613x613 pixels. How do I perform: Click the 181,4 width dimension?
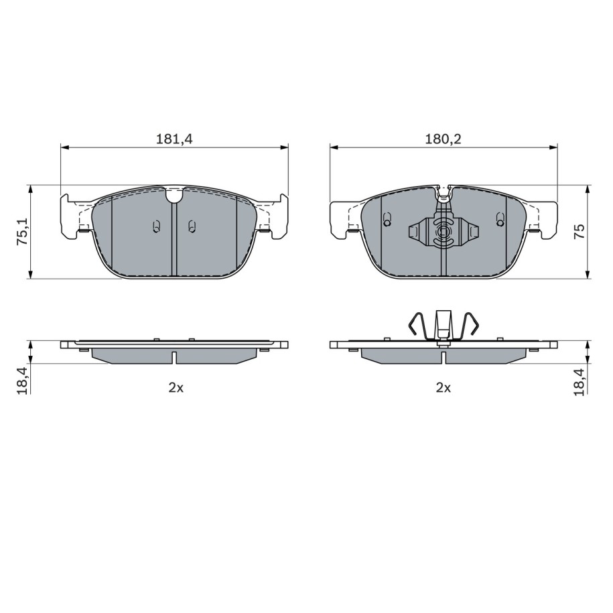click(175, 139)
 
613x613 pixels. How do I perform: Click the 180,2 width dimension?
click(443, 139)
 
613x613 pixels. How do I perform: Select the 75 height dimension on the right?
click(580, 231)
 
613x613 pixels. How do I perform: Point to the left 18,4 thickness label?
click(22, 381)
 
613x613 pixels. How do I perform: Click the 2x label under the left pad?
click(176, 387)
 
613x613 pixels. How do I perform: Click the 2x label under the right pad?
click(444, 387)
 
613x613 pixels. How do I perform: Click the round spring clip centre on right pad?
click(443, 232)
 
